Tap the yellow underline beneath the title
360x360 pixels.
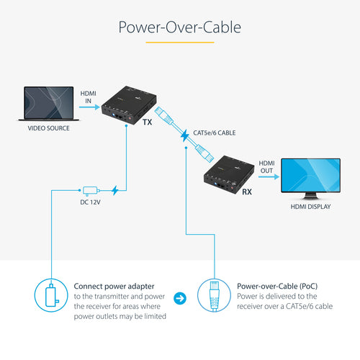[179, 42]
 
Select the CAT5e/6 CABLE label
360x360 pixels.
[215, 132]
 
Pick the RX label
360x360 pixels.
[246, 192]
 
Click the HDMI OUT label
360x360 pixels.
[266, 167]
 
